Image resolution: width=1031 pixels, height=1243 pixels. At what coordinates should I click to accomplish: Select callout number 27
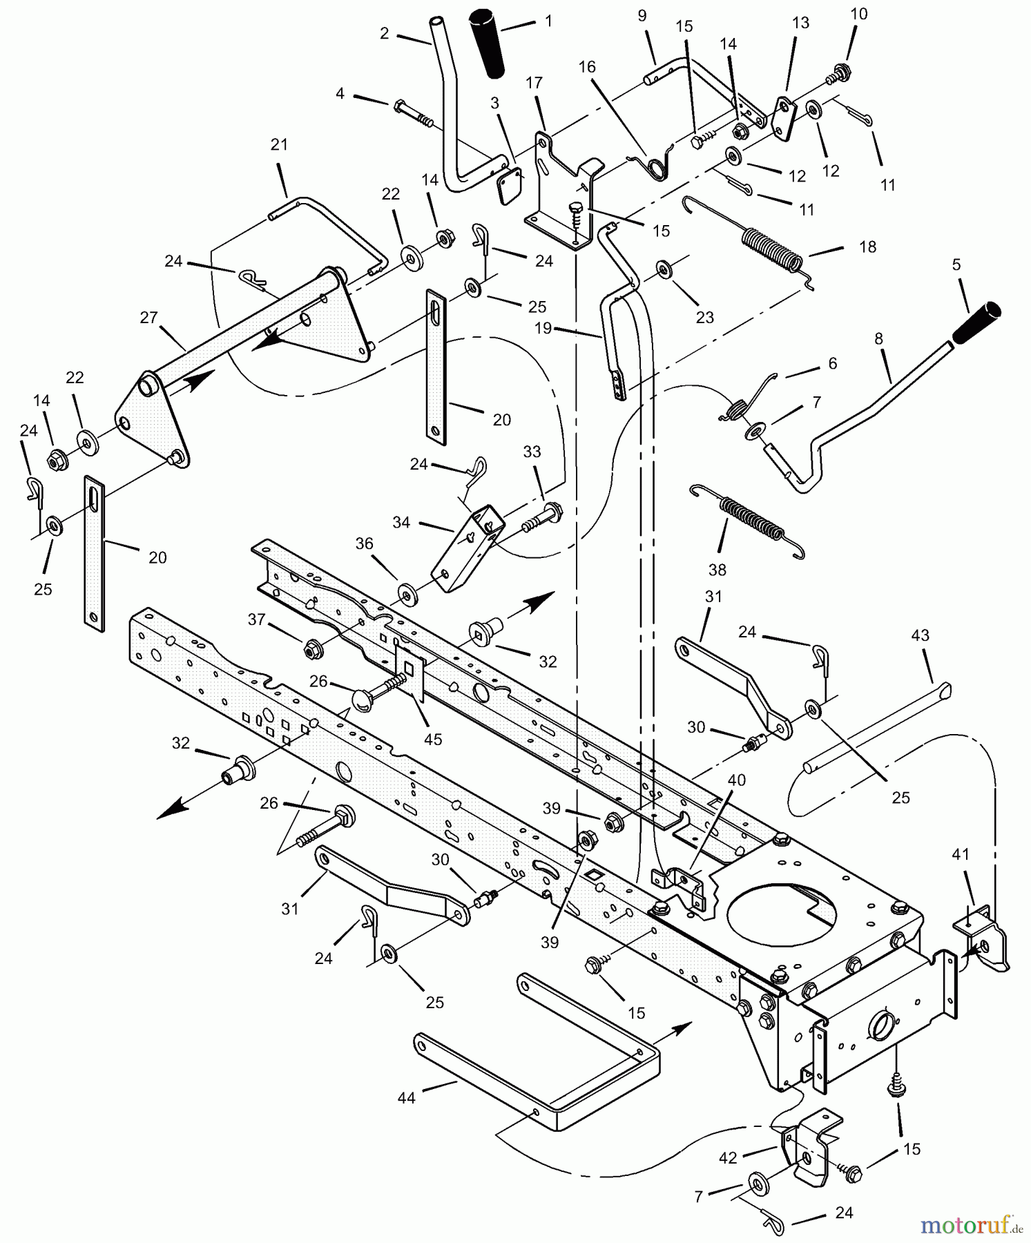click(148, 318)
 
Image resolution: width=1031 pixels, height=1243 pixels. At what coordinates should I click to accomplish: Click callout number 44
click(407, 1097)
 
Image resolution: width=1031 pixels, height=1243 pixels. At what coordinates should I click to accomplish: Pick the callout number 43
click(921, 635)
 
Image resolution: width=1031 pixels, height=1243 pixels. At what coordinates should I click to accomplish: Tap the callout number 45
click(432, 740)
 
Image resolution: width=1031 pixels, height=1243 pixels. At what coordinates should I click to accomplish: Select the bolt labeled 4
click(413, 113)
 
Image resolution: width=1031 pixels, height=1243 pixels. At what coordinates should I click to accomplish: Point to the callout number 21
click(279, 145)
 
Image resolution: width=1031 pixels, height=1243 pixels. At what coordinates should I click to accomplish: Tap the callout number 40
click(737, 780)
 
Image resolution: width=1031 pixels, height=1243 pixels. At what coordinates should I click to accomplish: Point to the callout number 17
click(533, 83)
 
